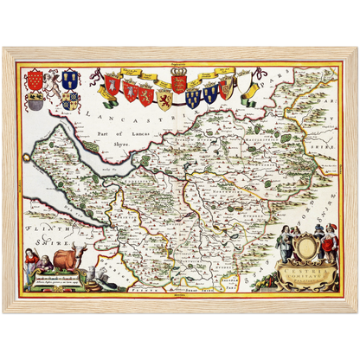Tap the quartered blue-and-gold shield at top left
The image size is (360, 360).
(x=72, y=100)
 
